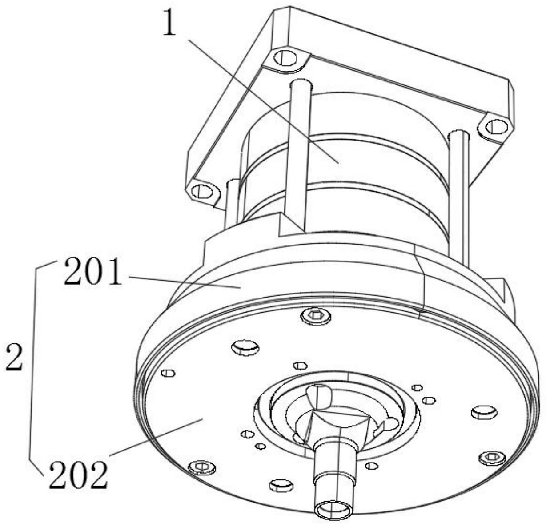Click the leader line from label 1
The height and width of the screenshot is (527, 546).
click(x=263, y=101)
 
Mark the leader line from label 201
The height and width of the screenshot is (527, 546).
click(x=185, y=282)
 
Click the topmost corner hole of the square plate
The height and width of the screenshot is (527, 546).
click(x=285, y=58)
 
